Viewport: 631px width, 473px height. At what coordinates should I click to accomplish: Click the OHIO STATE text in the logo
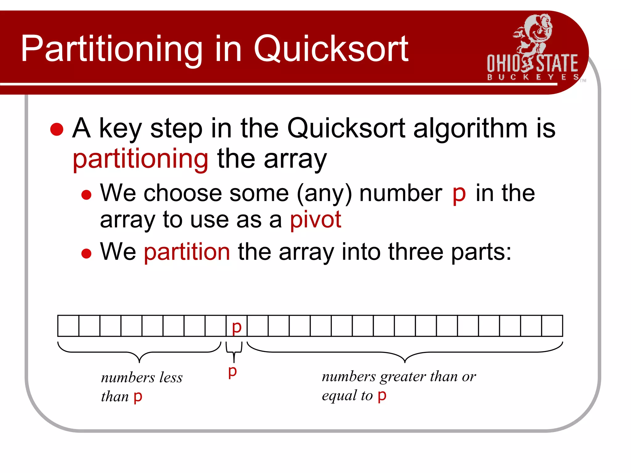(532, 63)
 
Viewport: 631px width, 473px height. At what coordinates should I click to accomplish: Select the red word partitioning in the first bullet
(140, 159)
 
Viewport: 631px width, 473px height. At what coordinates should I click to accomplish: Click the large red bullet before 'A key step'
(57, 129)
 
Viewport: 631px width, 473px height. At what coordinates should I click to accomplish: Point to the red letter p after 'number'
(459, 194)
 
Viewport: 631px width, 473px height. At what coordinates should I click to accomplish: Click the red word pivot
(315, 219)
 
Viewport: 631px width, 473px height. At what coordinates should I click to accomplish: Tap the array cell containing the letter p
(236, 326)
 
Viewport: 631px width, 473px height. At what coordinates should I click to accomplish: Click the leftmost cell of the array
(68, 326)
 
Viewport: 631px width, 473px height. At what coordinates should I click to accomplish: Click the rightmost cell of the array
(552, 326)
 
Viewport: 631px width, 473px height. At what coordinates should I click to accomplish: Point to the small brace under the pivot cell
(234, 351)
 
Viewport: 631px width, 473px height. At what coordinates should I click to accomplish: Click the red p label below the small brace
(233, 371)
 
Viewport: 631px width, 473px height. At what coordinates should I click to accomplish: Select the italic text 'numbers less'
(142, 378)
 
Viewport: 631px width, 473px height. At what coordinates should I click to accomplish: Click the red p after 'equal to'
(382, 395)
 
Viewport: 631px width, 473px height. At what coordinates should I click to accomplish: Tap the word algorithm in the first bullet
(470, 128)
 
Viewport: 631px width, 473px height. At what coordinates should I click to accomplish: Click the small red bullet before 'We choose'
(86, 195)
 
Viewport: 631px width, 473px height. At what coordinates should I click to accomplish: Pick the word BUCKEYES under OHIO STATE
(533, 77)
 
